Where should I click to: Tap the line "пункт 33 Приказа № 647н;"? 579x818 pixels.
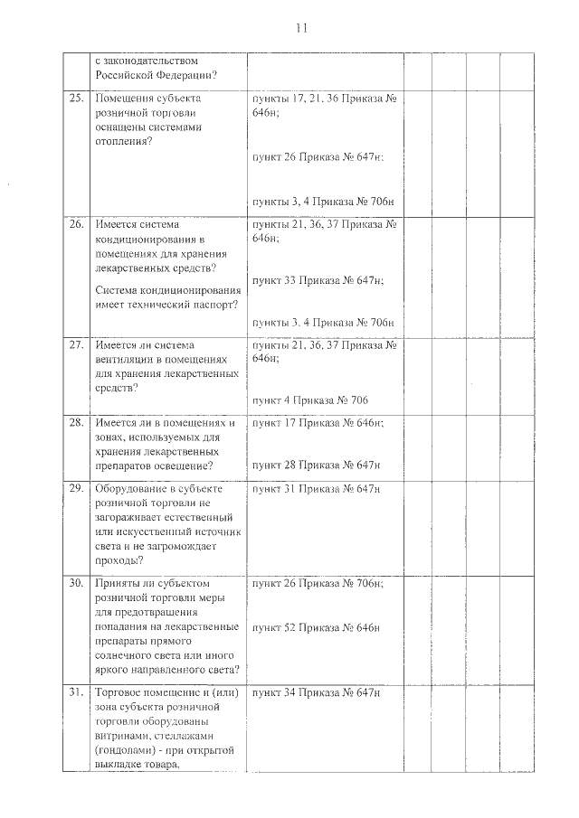[318, 281]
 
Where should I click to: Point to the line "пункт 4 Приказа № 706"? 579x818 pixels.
[310, 400]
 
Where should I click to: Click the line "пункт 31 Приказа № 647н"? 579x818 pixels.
[317, 489]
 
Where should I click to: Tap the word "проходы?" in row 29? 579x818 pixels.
[119, 560]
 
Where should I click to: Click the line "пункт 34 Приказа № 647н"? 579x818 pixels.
[317, 692]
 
